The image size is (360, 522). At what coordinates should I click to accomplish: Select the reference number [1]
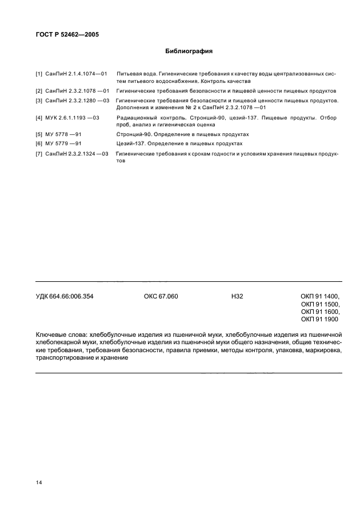point(39,74)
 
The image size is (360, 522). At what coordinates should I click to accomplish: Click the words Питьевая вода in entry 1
point(135,74)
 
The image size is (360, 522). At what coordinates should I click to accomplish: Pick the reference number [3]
point(39,101)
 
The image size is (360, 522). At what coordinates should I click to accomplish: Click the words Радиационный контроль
point(142,117)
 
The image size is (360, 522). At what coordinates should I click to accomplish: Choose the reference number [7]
point(39,154)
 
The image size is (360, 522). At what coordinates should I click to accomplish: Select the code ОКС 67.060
point(161,296)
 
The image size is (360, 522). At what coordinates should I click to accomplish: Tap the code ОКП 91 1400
point(321,296)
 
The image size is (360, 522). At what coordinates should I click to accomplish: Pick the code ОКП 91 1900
point(320,320)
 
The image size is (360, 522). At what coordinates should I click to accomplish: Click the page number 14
point(39,483)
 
